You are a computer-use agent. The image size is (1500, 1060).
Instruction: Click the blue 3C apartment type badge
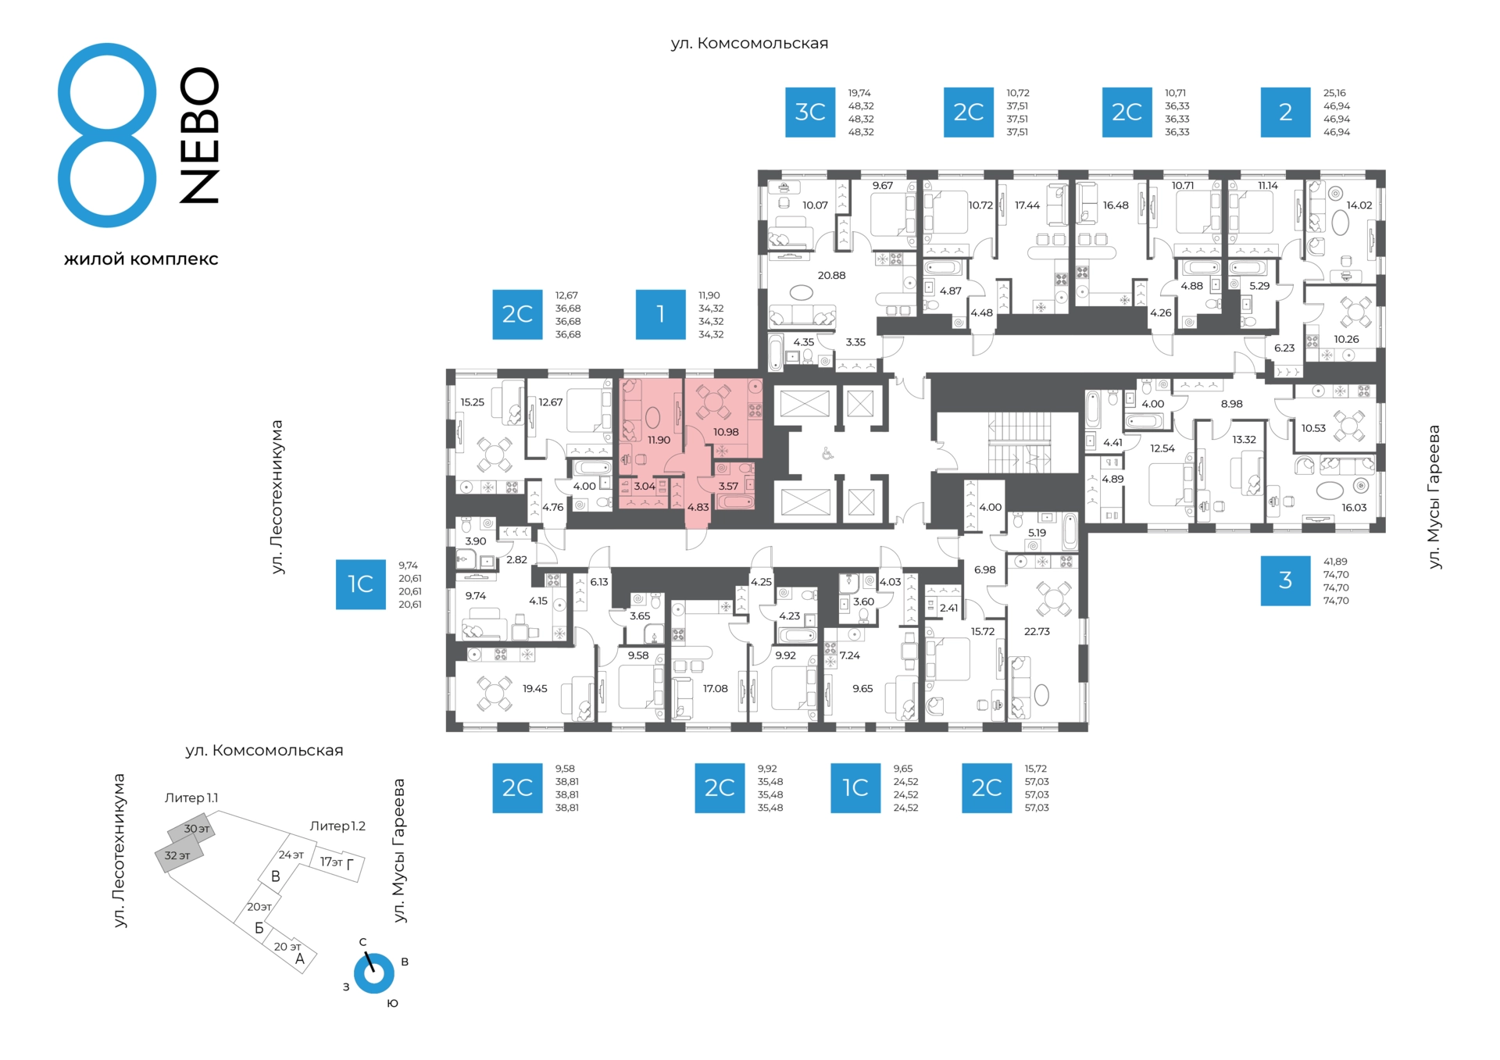coord(810,112)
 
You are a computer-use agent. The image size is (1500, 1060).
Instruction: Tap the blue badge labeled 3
coord(1285,580)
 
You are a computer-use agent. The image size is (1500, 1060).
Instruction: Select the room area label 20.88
coord(831,276)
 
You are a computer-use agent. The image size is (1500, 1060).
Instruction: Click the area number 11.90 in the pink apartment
coord(659,441)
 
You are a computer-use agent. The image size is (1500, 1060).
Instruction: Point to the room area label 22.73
coord(1037,632)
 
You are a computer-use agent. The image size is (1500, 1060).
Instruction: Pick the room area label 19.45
coord(535,689)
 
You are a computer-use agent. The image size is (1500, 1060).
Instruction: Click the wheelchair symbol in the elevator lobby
coord(827,454)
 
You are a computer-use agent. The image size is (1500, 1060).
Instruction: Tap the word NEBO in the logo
coord(199,135)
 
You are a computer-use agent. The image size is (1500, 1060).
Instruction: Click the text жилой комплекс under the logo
coord(141,259)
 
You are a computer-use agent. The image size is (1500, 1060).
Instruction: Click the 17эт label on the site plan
coord(331,862)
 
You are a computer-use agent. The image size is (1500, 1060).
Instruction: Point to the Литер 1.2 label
coord(337,826)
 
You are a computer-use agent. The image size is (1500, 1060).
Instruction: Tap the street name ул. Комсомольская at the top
coord(749,44)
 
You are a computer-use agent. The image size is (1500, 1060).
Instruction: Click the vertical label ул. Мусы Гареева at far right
coord(1434,497)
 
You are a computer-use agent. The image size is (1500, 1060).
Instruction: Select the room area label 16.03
coord(1354,508)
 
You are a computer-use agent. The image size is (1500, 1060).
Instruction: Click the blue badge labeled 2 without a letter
coord(1285,112)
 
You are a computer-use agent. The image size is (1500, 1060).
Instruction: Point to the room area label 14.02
coord(1359,205)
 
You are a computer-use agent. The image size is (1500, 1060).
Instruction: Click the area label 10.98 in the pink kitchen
coord(726,433)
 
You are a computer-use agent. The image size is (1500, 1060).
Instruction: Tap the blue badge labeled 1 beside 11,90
coord(661,315)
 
